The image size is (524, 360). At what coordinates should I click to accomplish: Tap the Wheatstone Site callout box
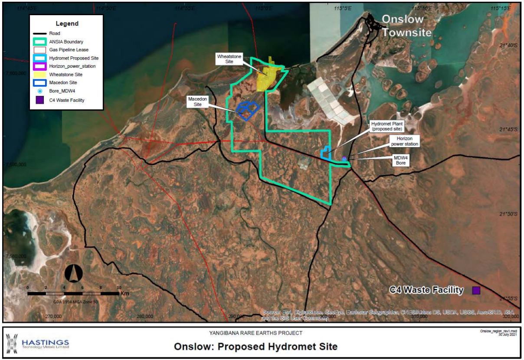pos(229,59)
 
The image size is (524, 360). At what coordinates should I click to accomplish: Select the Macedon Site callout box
pos(197,102)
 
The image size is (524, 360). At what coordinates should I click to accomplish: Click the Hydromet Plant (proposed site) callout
pos(387,126)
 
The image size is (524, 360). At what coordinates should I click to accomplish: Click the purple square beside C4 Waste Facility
pos(476,290)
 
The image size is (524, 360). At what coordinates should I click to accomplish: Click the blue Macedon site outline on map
pos(247,110)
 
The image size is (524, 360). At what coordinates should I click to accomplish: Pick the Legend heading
pos(66,23)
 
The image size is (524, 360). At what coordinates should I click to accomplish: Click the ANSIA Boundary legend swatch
pos(40,41)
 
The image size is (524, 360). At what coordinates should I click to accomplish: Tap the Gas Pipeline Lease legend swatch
pos(40,49)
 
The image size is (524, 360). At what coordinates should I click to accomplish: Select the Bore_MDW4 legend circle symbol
pos(40,91)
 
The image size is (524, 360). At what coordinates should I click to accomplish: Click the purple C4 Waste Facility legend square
pos(40,100)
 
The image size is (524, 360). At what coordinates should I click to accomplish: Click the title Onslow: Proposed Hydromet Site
pos(255,347)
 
